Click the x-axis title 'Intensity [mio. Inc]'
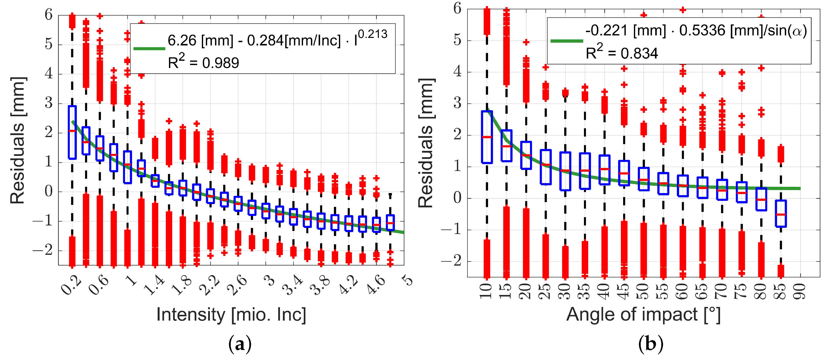[x=231, y=315]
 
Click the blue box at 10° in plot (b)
[x=487, y=137]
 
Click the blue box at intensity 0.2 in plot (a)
[x=72, y=132]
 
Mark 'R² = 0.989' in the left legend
[x=203, y=62]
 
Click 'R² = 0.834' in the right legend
[x=622, y=53]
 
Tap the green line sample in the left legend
[x=149, y=49]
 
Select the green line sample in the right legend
[x=567, y=41]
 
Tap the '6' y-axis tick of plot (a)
[x=48, y=15]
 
